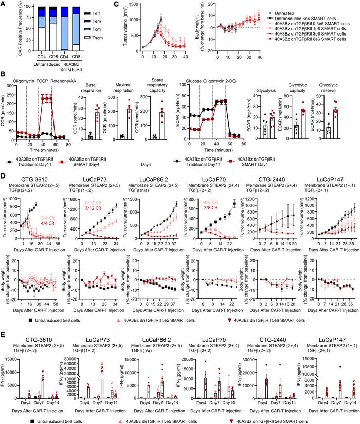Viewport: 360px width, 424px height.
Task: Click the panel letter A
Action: pyautogui.click(x=3, y=4)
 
